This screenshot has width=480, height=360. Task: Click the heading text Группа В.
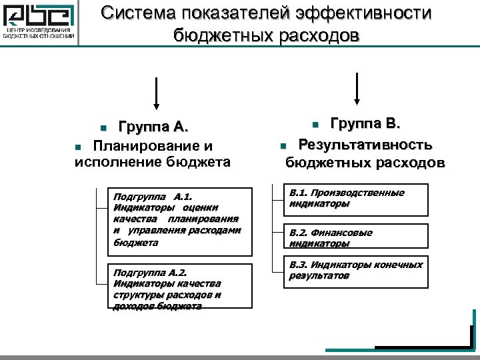pyautogui.click(x=365, y=123)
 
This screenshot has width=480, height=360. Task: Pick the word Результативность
pyautogui.click(x=365, y=143)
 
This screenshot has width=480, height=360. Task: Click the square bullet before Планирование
pyautogui.click(x=78, y=146)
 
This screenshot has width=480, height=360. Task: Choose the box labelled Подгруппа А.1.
pyautogui.click(x=180, y=222)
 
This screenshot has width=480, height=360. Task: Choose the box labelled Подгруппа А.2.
pyautogui.click(x=180, y=287)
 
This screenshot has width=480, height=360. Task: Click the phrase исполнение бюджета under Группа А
pyautogui.click(x=153, y=162)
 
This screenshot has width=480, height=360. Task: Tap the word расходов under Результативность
pyautogui.click(x=410, y=163)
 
